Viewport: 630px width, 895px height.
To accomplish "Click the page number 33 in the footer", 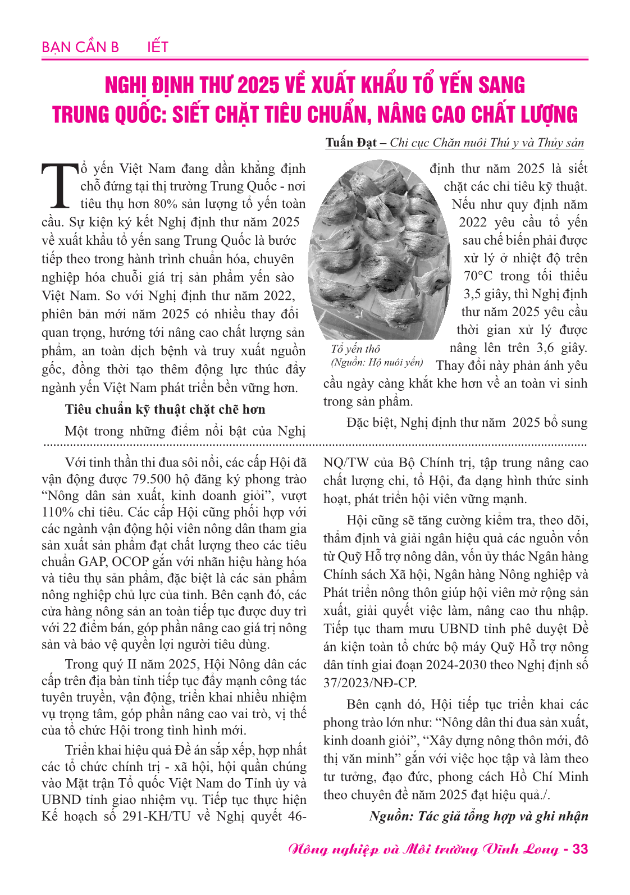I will pyautogui.click(x=580, y=848).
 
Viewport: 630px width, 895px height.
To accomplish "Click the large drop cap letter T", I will pyautogui.click(x=59, y=185).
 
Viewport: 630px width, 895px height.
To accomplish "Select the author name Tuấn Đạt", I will pyautogui.click(x=351, y=143).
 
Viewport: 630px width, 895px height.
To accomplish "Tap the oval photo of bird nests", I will pyautogui.click(x=380, y=249).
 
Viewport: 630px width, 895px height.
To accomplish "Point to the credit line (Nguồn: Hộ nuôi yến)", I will pyautogui.click(x=377, y=362).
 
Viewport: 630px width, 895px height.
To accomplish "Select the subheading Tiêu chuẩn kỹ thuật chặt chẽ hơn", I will pyautogui.click(x=165, y=409).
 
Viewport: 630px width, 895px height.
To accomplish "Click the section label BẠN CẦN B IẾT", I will pyautogui.click(x=104, y=47).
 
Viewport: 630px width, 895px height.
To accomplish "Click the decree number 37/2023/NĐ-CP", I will pyautogui.click(x=370, y=683).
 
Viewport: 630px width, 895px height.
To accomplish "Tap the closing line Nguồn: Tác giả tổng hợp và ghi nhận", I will pyautogui.click(x=478, y=816).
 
